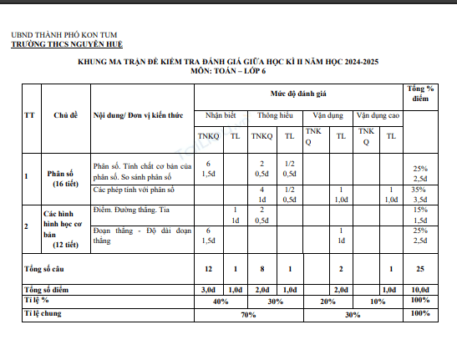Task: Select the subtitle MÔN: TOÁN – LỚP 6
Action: coord(227,73)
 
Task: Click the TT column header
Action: coord(29,114)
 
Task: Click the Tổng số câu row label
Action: coord(47,268)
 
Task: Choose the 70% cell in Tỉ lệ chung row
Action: coord(248,314)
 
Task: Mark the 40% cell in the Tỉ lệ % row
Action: coord(221,300)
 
